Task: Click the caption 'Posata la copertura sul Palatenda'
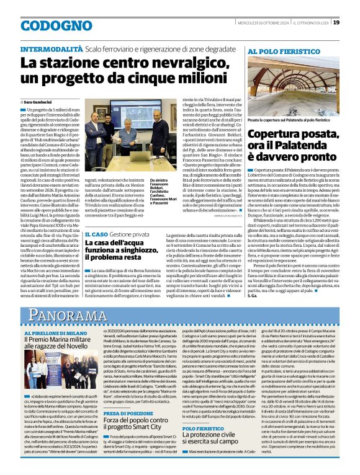pos(287,120)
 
